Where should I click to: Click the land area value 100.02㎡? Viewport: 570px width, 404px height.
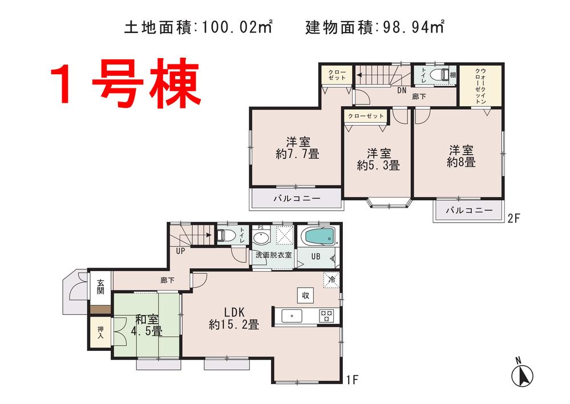(x=236, y=26)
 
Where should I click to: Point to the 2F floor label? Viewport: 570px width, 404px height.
(x=515, y=217)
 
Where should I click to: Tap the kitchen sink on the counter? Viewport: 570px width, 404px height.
(x=290, y=315)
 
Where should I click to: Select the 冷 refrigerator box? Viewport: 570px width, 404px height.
(x=332, y=280)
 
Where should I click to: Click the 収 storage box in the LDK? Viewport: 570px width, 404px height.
(x=305, y=296)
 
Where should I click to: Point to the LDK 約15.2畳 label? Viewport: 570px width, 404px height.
(x=234, y=318)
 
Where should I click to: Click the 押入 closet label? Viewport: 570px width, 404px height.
(x=100, y=332)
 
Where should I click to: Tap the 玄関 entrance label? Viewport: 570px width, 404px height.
(x=100, y=287)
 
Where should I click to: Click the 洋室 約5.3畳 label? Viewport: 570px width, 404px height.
(x=378, y=159)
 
